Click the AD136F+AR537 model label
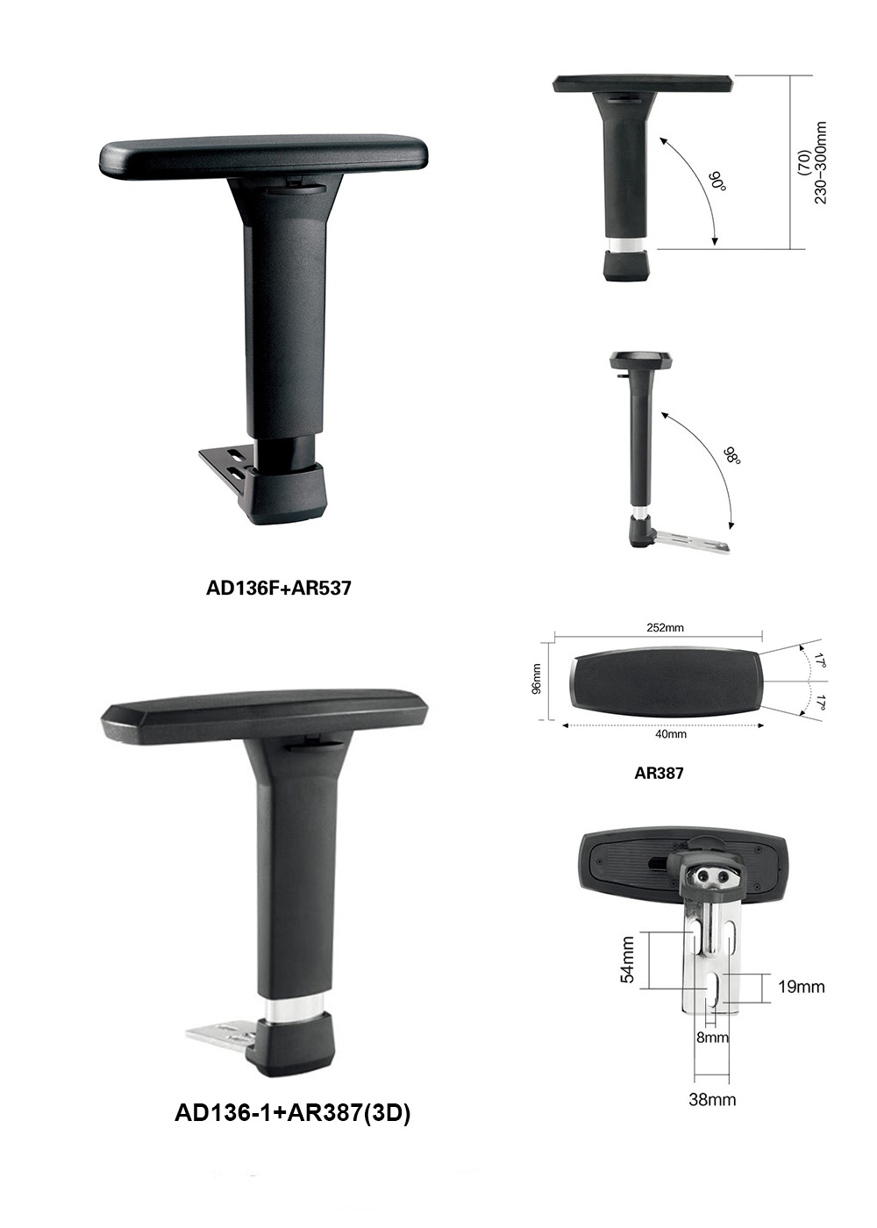[x=278, y=589]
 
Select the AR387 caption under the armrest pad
[x=659, y=773]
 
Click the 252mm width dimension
[x=665, y=628]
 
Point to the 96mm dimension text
[x=537, y=679]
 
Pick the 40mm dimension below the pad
[x=671, y=734]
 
